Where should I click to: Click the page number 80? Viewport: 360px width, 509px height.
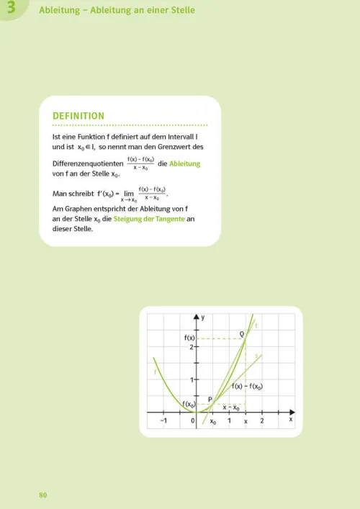(42, 495)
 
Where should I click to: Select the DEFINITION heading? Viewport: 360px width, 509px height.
(78, 116)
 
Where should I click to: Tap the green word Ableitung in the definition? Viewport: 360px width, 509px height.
(184, 163)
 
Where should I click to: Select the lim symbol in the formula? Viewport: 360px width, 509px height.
(129, 193)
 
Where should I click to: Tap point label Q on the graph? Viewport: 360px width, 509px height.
(242, 333)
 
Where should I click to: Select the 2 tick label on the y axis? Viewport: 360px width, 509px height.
(192, 347)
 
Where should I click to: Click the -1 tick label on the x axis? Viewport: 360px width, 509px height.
(163, 420)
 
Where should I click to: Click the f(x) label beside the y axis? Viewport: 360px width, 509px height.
(190, 338)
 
